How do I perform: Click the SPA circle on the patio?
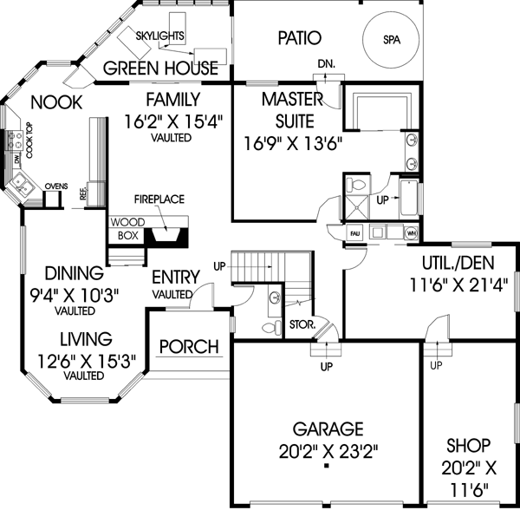click(392, 40)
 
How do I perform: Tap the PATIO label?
click(300, 38)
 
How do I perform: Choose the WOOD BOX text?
click(127, 228)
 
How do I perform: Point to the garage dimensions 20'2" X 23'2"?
click(327, 450)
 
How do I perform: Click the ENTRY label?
click(176, 278)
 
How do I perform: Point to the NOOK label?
click(56, 102)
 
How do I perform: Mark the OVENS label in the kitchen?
click(56, 185)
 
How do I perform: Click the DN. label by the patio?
click(325, 63)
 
